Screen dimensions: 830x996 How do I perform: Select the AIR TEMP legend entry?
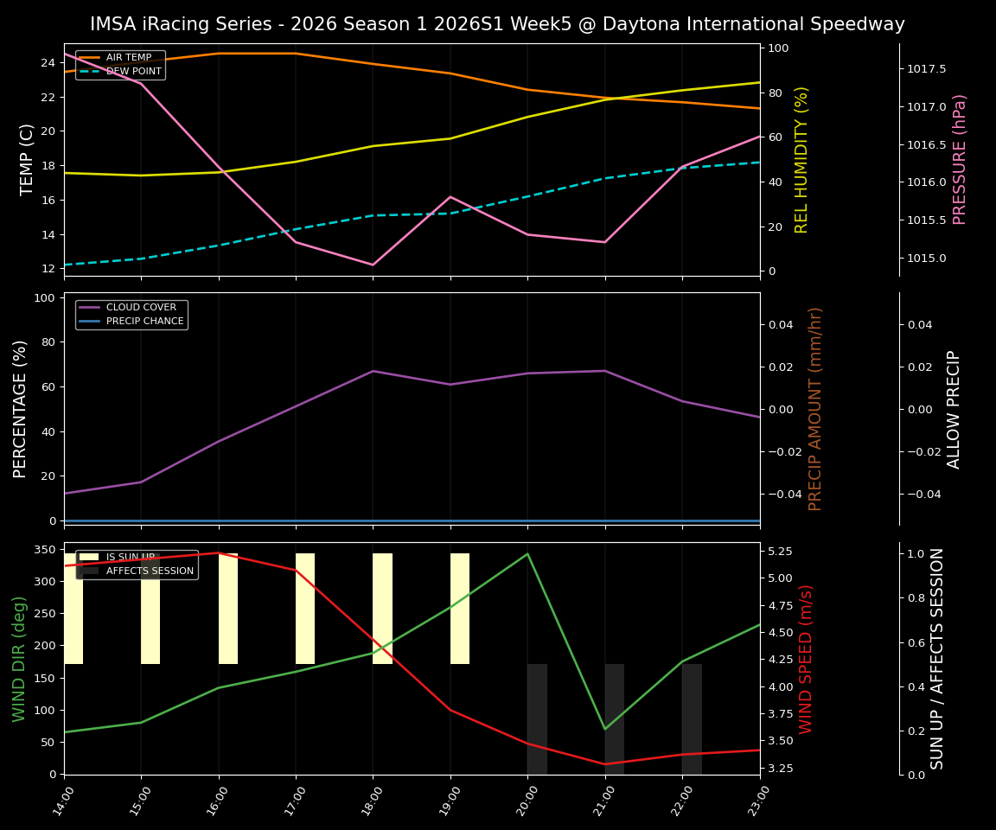point(128,58)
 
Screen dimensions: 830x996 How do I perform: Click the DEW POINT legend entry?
point(133,71)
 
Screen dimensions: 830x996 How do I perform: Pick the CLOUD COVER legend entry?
point(141,307)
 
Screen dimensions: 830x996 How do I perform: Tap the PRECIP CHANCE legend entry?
point(144,322)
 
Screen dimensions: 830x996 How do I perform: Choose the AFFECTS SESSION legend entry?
point(149,571)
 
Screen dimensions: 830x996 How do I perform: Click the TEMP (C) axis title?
point(28,159)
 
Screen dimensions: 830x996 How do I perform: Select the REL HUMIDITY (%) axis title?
point(801,159)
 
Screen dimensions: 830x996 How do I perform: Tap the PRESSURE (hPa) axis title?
point(960,159)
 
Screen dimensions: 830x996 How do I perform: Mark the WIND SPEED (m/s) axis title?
point(806,659)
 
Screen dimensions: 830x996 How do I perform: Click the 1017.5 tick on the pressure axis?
point(926,68)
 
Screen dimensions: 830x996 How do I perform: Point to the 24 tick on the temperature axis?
point(48,63)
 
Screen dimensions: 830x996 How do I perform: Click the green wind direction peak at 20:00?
point(527,554)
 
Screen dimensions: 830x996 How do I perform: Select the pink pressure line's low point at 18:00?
point(373,265)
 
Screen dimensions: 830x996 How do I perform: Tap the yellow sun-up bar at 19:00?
point(460,609)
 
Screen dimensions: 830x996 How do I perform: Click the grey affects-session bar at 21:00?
point(615,719)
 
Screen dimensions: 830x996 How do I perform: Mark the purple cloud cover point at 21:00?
point(605,371)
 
